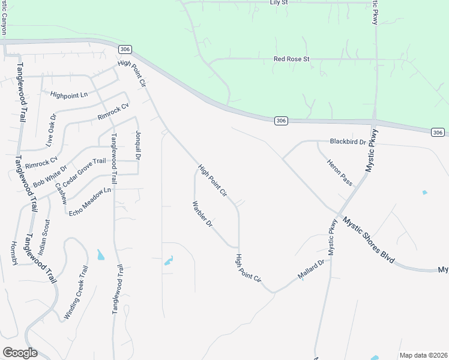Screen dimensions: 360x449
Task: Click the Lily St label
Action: click(x=279, y=3)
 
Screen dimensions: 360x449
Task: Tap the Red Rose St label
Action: click(x=291, y=59)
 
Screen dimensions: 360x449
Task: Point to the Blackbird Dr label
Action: click(x=348, y=142)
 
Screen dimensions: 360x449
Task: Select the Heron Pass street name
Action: click(x=339, y=172)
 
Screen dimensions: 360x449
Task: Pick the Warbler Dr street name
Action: click(x=202, y=214)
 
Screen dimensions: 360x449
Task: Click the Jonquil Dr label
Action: click(x=137, y=145)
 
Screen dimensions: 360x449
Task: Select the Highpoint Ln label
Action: click(x=69, y=95)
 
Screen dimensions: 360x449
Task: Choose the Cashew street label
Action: click(x=61, y=193)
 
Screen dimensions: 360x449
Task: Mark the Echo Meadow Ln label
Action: click(x=90, y=202)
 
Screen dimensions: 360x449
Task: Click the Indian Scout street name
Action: click(x=47, y=238)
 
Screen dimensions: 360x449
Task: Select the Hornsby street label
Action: click(x=14, y=256)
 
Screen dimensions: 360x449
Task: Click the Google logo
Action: click(x=20, y=353)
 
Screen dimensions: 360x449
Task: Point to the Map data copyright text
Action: click(x=423, y=355)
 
